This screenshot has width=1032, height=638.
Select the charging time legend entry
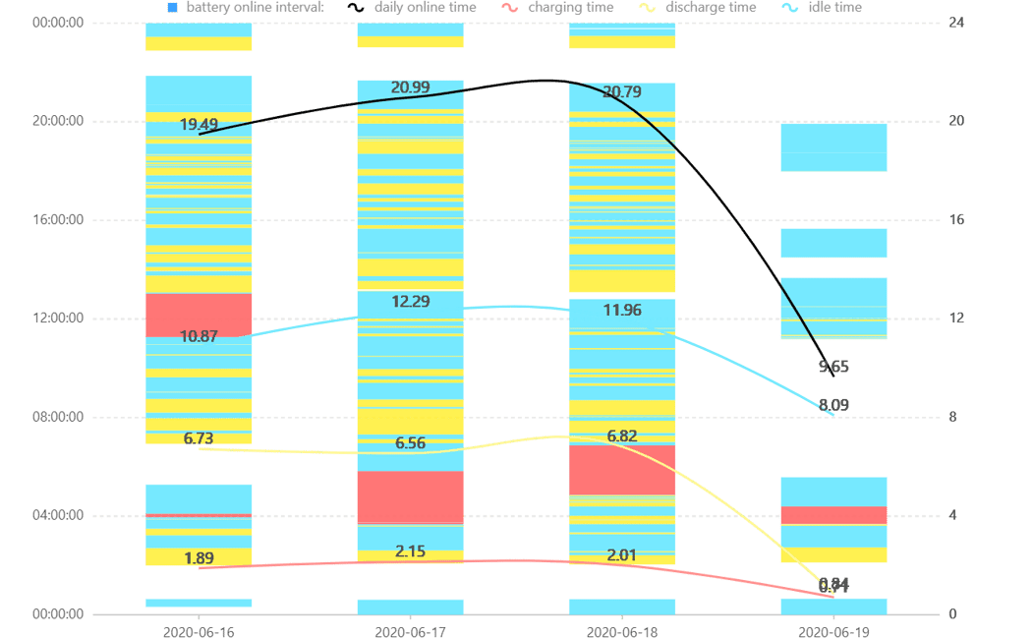click(x=570, y=7)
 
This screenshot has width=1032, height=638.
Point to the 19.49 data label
click(x=200, y=124)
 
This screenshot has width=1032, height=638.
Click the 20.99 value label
click(x=410, y=87)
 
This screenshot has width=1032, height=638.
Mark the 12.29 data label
click(x=411, y=301)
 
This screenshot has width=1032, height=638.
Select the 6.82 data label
click(x=622, y=435)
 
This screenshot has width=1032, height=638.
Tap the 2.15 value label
click(x=410, y=551)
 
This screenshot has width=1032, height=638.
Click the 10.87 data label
click(x=200, y=335)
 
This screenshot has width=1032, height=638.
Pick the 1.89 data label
click(x=200, y=558)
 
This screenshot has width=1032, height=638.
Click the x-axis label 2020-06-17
click(x=410, y=629)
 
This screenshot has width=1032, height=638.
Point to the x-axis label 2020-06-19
click(x=833, y=629)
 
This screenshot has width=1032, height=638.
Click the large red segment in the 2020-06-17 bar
click(x=410, y=496)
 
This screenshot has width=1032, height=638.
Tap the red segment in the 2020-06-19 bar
click(x=833, y=515)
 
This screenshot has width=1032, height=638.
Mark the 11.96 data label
click(x=622, y=311)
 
